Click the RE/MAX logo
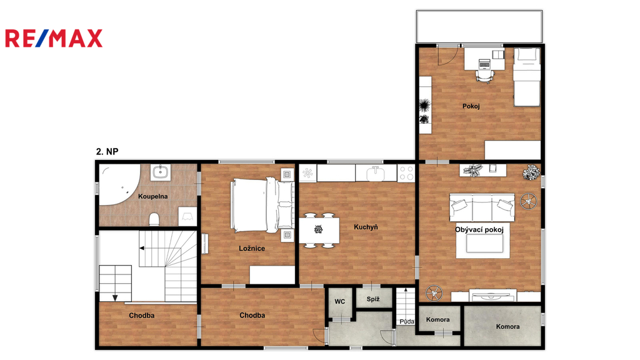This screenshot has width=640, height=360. click(54, 38)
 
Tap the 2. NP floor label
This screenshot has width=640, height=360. click(107, 151)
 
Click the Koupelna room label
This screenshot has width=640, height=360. click(152, 196)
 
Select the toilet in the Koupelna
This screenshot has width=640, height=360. click(154, 219)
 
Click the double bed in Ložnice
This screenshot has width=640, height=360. click(262, 205)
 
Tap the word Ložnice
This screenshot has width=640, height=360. click(252, 248)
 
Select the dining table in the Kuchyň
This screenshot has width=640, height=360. click(319, 230)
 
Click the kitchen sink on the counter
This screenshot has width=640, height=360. click(376, 173)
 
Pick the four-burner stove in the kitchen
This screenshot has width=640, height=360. click(406, 173)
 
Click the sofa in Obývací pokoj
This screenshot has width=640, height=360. click(482, 207)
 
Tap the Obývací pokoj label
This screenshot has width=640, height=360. click(479, 230)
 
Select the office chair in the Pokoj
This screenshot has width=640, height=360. click(484, 76)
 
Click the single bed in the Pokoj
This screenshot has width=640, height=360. click(527, 77)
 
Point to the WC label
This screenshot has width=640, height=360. click(339, 302)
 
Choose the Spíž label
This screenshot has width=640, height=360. click(373, 299)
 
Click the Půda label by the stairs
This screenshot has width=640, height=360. click(407, 322)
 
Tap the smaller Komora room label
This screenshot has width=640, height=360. click(437, 319)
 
